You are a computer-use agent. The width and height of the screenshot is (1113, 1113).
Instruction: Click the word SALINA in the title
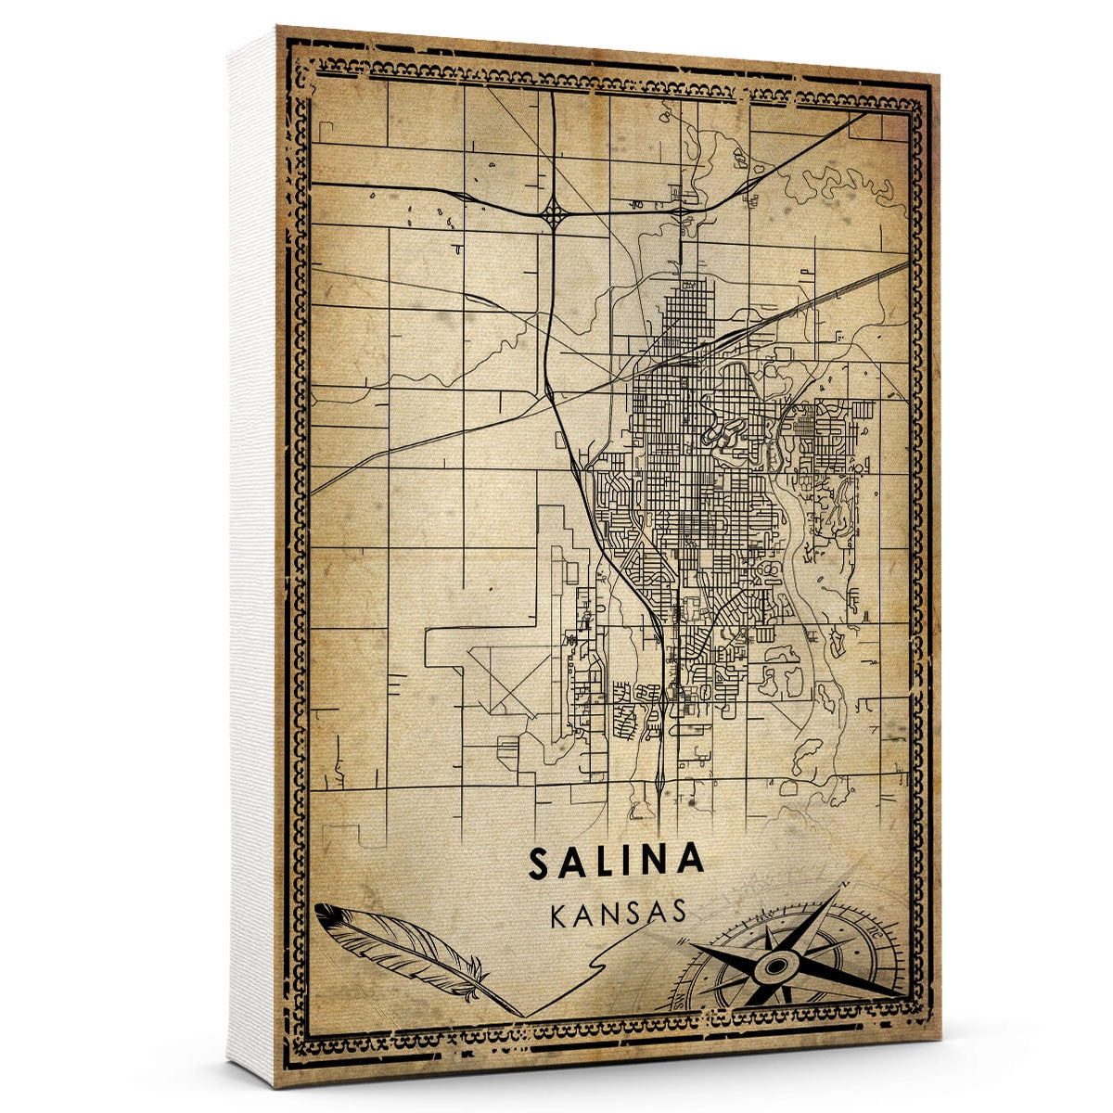[x=616, y=861]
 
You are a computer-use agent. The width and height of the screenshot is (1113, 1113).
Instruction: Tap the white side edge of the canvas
[x=252, y=556]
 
